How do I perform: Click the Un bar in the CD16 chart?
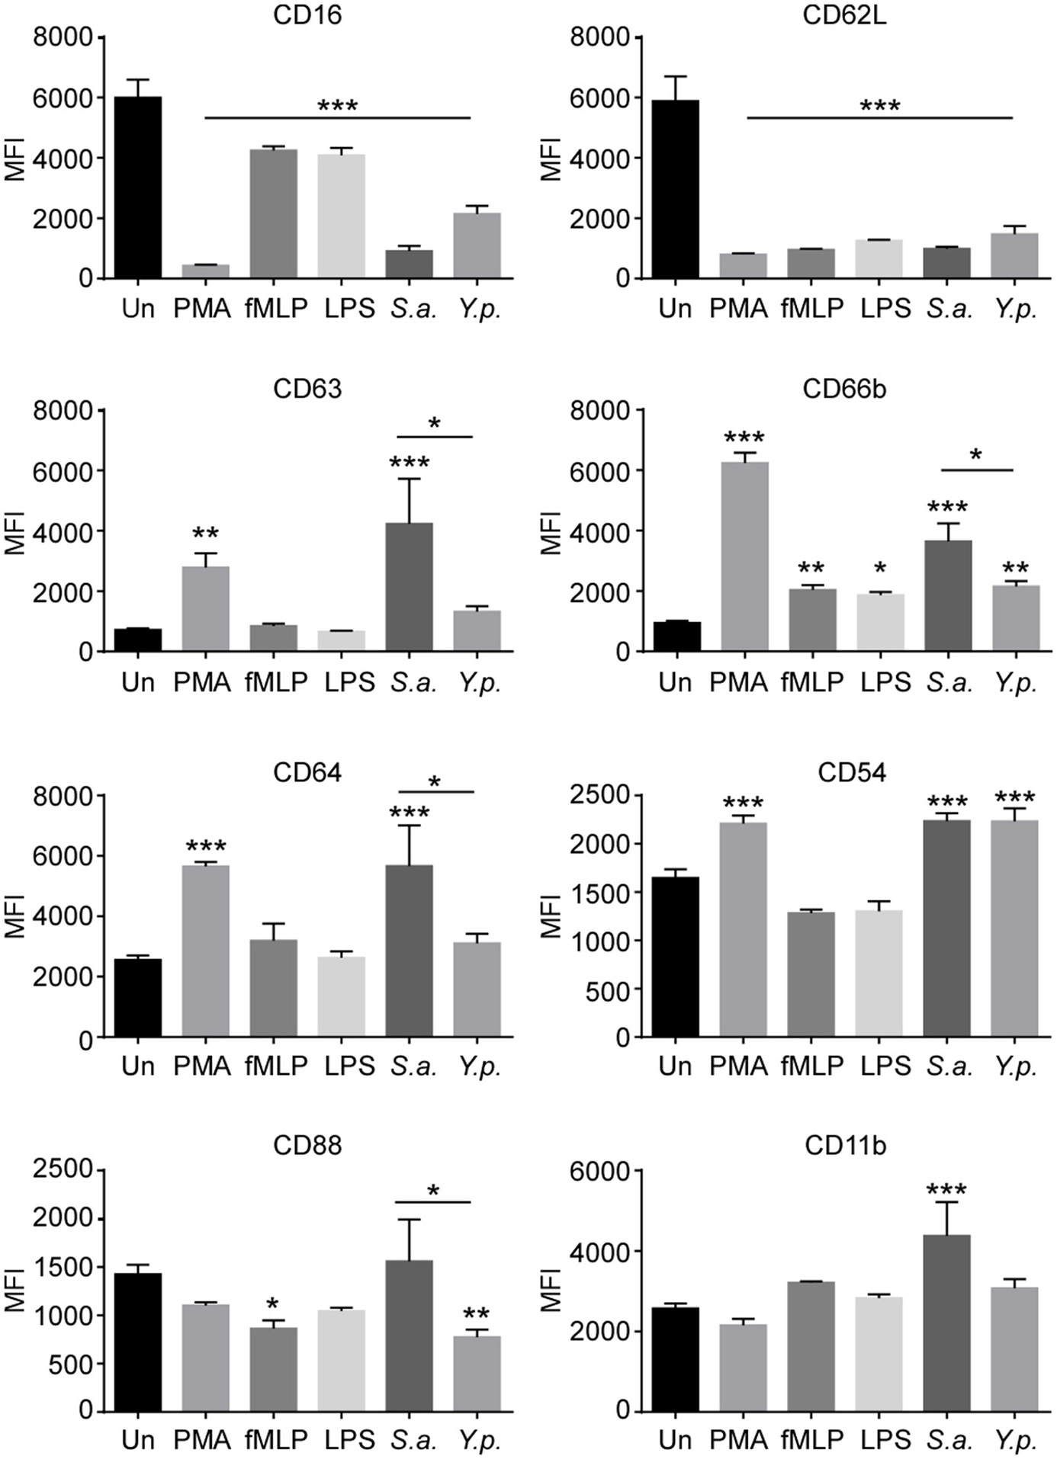coord(138,188)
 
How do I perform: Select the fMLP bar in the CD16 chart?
coord(274,213)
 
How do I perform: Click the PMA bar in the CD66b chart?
coord(744,556)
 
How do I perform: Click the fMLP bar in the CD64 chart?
coord(274,988)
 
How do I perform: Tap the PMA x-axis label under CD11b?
coord(738,1439)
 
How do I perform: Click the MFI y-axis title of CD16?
coord(15,159)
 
